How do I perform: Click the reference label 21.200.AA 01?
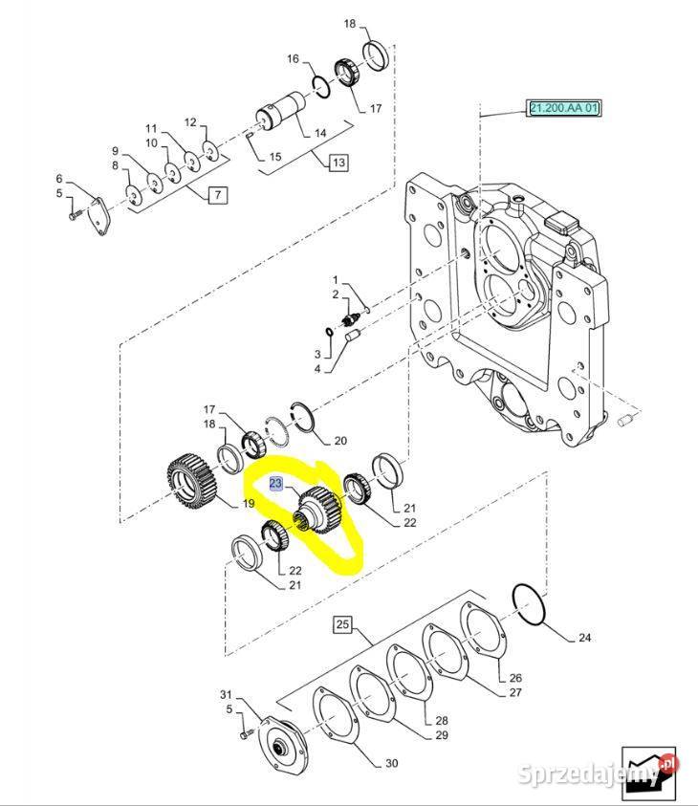pos(563,109)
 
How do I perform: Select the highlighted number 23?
pos(275,484)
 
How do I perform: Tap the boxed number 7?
pos(217,196)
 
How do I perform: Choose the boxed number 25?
pos(343,625)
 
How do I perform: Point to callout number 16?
pos(294,59)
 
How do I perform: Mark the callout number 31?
pos(226,694)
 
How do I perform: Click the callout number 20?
pos(339,441)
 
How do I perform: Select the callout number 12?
pos(190,122)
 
